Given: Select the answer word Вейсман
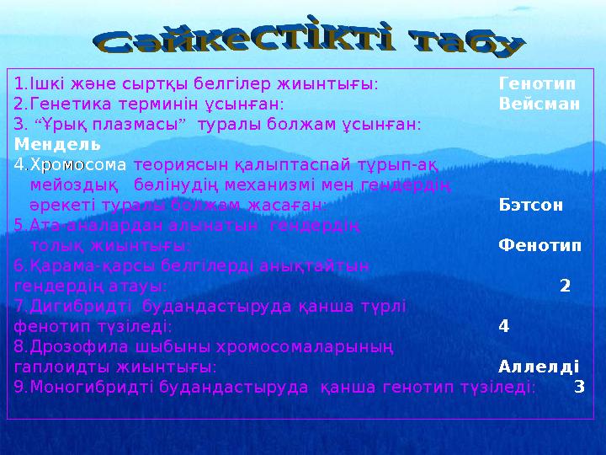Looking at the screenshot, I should pyautogui.click(x=539, y=104).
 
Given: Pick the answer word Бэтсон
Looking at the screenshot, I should pyautogui.click(x=531, y=205).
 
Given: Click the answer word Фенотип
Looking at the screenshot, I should pyautogui.click(x=539, y=245).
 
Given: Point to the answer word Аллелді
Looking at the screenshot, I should pyautogui.click(x=539, y=367).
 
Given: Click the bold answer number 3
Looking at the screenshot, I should pyautogui.click(x=578, y=387).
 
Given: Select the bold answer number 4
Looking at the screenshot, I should pyautogui.click(x=503, y=326).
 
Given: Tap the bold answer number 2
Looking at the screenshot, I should pyautogui.click(x=565, y=286).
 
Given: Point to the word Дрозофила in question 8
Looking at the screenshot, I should pyautogui.click(x=72, y=346).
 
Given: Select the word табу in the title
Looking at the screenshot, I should pyautogui.click(x=467, y=46).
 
